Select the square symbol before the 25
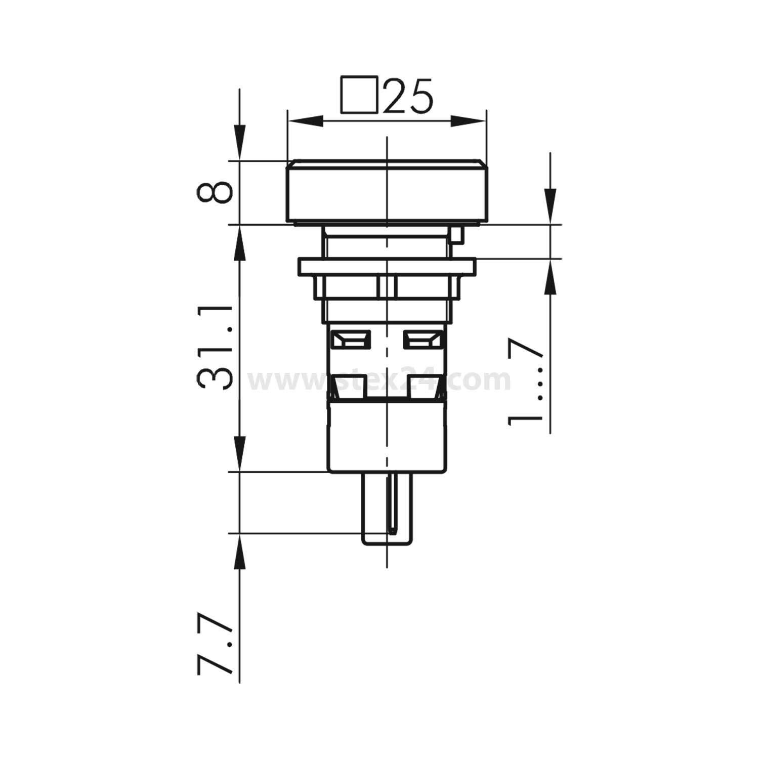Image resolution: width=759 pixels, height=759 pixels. point(359,94)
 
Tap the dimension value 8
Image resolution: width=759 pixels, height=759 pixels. point(215,193)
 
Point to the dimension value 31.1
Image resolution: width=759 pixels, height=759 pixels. point(215,347)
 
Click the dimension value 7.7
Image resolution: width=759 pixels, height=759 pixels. point(215,646)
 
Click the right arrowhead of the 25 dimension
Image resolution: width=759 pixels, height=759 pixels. point(468,121)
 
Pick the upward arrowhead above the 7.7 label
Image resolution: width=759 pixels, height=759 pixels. point(240,555)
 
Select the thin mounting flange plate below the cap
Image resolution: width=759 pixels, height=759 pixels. point(387,266)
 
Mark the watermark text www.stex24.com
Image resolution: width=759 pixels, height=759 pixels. point(379,381)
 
